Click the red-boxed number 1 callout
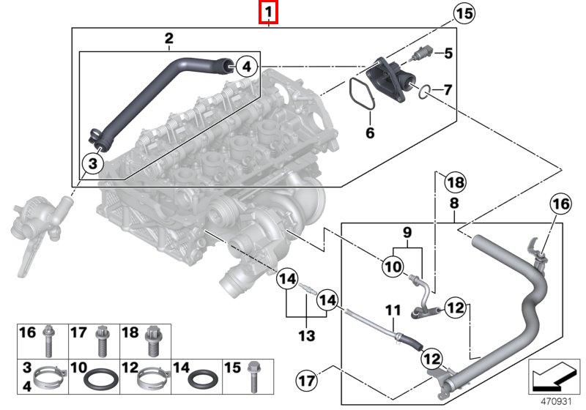coord(269,12)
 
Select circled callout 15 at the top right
coord(463,12)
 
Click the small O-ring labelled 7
coord(423,92)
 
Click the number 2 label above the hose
coord(168,37)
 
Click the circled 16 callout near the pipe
coord(560,206)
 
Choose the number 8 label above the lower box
coord(454,203)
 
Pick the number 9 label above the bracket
coord(407,233)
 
